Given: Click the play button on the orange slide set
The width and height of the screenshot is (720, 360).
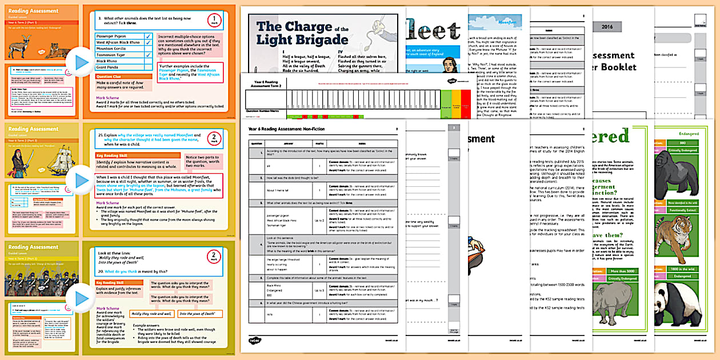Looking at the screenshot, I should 81,62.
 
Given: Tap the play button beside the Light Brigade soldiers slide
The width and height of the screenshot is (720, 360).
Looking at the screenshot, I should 81,298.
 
